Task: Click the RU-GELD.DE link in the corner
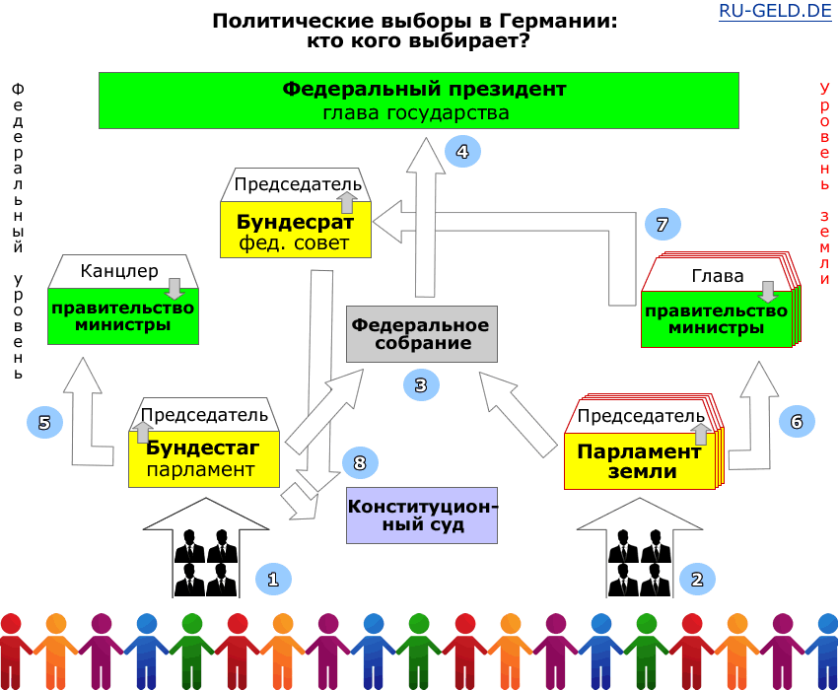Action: pos(776,13)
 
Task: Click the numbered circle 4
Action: pos(462,151)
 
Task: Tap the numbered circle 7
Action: pos(663,225)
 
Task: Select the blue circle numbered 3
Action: pos(420,385)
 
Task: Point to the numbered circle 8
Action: pos(360,462)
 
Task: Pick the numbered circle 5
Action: pos(44,423)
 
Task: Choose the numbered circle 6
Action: pos(797,422)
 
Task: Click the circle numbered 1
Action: pos(273,579)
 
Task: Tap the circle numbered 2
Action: pos(697,580)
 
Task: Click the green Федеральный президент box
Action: pos(418,101)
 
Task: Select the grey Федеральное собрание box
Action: pos(421,334)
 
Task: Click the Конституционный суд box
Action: pos(422,516)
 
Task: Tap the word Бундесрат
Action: pos(295,222)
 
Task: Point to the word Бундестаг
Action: pos(203,448)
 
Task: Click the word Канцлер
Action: pos(119,270)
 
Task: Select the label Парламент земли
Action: pos(639,460)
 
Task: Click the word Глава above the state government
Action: pos(718,276)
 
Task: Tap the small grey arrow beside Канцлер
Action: pos(175,288)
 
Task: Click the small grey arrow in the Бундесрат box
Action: pos(346,202)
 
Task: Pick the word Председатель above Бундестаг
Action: pos(204,414)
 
